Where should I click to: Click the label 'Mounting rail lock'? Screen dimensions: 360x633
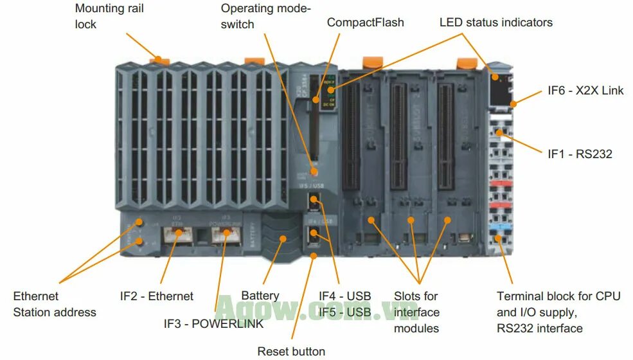coord(109,16)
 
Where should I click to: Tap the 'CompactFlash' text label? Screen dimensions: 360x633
coord(365,22)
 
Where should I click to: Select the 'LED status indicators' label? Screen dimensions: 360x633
coord(495,22)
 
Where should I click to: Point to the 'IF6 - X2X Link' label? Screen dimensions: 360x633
coord(585,91)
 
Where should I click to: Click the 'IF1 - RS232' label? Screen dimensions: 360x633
coord(580,154)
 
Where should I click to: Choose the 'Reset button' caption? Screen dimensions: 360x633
coord(291,351)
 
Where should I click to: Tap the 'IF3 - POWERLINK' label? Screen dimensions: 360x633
coord(213,324)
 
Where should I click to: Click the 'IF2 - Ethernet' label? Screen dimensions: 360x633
coord(156,296)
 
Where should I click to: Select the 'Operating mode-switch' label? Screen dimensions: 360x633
coord(265,16)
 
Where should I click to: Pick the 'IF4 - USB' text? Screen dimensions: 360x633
coord(345,296)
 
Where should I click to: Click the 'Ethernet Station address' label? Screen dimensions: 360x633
coord(55,304)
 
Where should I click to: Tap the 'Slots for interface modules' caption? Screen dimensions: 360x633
coord(416,312)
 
